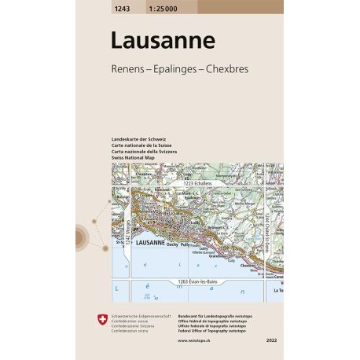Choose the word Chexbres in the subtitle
tap(226, 69)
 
